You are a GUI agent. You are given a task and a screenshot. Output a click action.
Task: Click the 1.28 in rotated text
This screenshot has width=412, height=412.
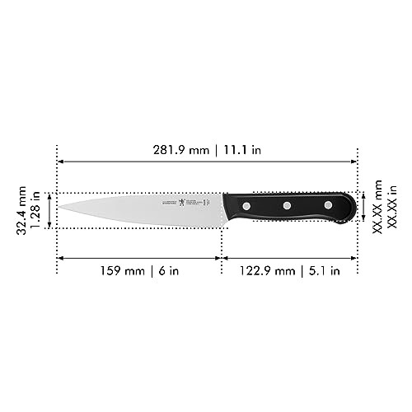click(x=35, y=211)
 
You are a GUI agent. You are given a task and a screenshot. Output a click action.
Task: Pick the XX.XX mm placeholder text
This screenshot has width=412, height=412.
click(x=377, y=210)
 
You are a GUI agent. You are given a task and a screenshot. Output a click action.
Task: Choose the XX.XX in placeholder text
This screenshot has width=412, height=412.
click(x=391, y=210)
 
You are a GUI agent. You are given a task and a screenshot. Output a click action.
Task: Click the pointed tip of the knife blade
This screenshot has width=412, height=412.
click(x=59, y=207)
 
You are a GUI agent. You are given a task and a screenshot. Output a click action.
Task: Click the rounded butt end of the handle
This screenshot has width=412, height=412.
click(x=353, y=208)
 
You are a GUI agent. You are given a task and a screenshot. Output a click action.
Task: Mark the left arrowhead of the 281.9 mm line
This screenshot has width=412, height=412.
click(x=60, y=162)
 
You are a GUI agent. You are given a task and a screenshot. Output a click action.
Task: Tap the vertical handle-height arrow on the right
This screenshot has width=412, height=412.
click(x=363, y=208)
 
